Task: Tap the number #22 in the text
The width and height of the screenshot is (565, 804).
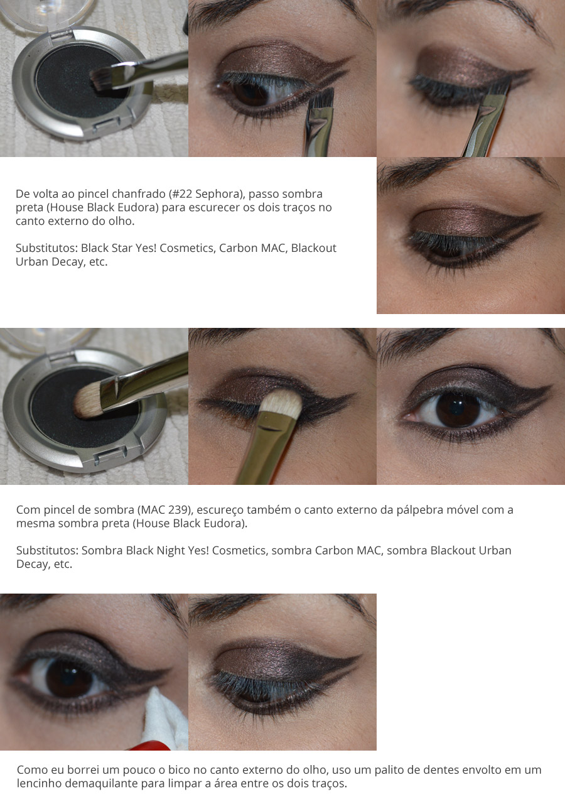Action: coord(182,194)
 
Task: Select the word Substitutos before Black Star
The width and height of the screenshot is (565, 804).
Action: coord(46,248)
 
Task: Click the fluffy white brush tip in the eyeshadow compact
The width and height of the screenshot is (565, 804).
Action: coord(87,400)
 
